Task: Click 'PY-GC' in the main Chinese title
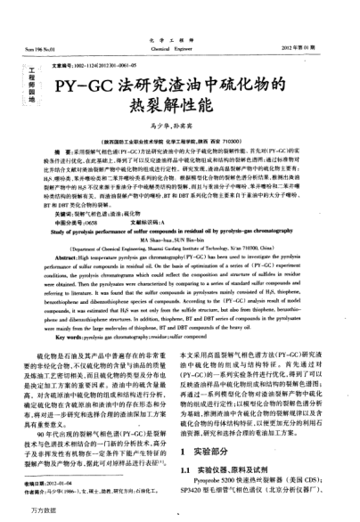click(x=86, y=86)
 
